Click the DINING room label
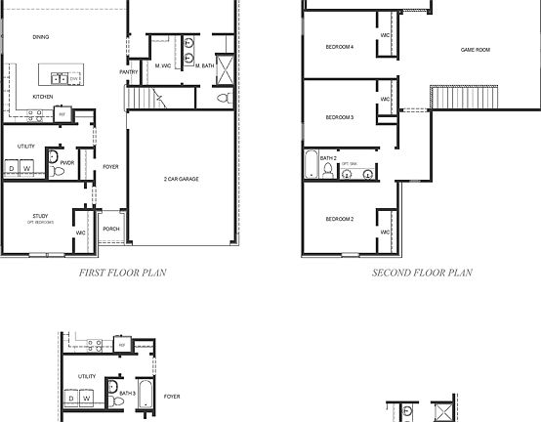[40, 37]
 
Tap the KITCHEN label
[42, 97]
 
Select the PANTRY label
[128, 71]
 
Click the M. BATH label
[204, 65]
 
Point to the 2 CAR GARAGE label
[183, 180]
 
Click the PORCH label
[110, 230]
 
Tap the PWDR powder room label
[67, 162]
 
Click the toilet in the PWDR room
[59, 172]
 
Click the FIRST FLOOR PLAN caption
[122, 274]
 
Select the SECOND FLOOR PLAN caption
[422, 274]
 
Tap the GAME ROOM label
[475, 49]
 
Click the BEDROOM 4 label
[340, 47]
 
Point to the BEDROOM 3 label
[339, 117]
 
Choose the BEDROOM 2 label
[339, 219]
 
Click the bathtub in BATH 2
[311, 165]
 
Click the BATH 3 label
[127, 393]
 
